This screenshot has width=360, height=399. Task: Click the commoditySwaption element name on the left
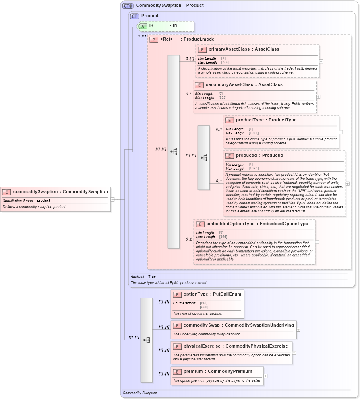click(35, 192)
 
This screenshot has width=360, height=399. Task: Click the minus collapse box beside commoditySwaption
click(112, 199)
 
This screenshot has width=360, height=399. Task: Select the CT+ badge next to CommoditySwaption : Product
click(128, 6)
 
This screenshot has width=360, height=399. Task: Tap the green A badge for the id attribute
click(143, 26)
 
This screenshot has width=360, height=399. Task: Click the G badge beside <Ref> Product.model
click(154, 39)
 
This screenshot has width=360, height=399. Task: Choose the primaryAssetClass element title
click(227, 49)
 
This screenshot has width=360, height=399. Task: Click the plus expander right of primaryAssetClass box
click(321, 62)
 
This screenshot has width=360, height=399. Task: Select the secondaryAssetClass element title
click(227, 85)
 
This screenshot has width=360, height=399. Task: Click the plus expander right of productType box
click(341, 132)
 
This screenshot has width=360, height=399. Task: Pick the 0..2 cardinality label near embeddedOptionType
click(189, 239)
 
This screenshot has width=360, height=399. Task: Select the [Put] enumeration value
click(204, 303)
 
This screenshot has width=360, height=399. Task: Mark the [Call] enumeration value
click(204, 307)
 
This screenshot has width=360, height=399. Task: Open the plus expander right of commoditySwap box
click(298, 330)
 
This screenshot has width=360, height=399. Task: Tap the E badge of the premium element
click(177, 372)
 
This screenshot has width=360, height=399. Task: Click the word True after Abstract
click(152, 276)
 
